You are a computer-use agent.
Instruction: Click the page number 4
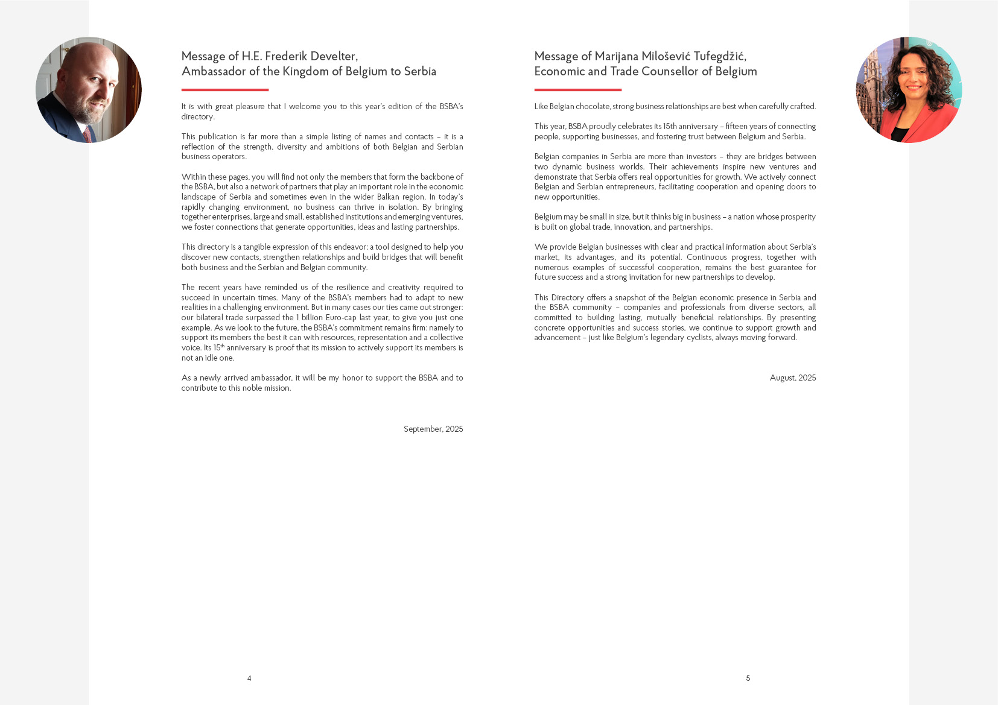(x=249, y=678)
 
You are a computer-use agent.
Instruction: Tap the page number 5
(x=748, y=678)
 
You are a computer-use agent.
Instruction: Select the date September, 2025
(x=433, y=429)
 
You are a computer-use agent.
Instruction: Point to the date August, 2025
(x=793, y=378)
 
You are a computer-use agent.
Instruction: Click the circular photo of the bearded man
(x=89, y=90)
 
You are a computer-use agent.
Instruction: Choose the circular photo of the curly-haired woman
(x=909, y=90)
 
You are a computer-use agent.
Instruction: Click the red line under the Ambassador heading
(x=225, y=90)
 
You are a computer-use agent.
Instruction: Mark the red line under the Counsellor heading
(x=577, y=90)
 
